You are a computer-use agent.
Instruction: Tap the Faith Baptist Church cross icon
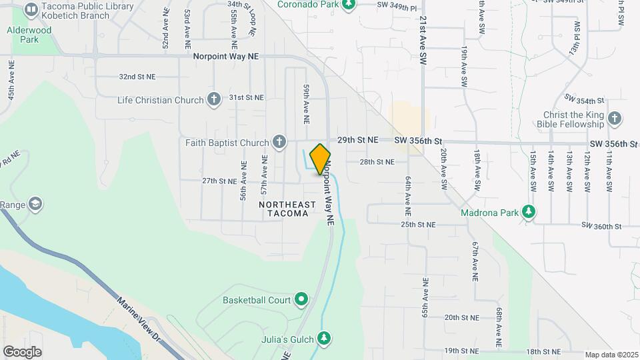[279, 142]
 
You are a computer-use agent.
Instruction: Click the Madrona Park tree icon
[529, 212]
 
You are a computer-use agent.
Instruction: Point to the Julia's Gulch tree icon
[325, 339]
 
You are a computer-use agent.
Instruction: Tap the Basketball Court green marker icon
[301, 300]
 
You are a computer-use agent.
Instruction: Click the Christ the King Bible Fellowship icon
[615, 119]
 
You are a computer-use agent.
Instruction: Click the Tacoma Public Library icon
[31, 10]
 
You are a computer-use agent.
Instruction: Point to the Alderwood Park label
[29, 35]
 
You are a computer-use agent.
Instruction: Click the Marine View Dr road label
[139, 319]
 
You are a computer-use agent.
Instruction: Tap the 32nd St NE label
[137, 77]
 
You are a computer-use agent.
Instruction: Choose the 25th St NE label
[418, 225]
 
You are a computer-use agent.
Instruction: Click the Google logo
[23, 351]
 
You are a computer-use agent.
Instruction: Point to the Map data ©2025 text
[611, 355]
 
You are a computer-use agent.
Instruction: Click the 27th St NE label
[220, 181]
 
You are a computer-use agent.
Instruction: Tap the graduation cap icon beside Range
[35, 203]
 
